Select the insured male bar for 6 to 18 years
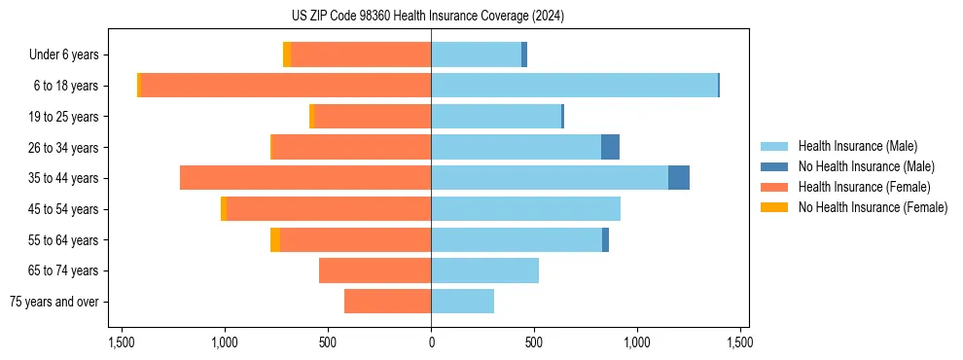574,86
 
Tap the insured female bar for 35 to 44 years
305,178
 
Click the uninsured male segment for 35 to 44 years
679,178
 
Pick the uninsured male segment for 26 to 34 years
610,147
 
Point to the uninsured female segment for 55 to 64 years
275,239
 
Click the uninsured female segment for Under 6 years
287,54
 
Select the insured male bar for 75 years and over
462,302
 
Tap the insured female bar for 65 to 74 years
374,270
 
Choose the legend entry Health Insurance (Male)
857,146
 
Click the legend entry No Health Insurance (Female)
873,207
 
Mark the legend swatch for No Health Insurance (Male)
775,166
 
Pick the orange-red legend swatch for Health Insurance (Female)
775,187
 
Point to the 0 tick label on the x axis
431,342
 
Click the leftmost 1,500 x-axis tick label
122,342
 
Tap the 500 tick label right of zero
534,342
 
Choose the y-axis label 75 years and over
54,302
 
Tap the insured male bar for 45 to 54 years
525,209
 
